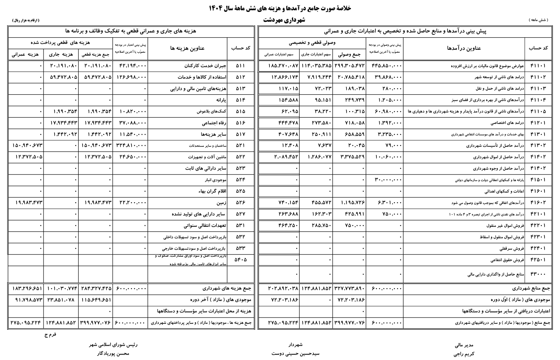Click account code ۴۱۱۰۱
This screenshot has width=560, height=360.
coord(538,66)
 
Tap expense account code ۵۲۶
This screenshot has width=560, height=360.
coord(240,203)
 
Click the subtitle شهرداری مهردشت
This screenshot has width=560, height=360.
coord(284,20)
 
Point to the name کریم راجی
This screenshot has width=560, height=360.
coord(464,354)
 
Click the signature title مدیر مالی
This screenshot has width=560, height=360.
coord(464,345)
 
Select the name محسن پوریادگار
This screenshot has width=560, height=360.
coord(113,353)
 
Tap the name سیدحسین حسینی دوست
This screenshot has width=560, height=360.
coord(295,353)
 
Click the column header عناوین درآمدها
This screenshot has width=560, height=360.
coord(464,48)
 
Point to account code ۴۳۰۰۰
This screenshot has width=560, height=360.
coord(538,274)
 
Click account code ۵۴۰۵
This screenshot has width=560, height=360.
coord(240,260)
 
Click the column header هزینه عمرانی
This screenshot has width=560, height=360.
coord(25,54)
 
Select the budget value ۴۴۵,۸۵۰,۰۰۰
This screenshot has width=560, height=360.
coord(386,66)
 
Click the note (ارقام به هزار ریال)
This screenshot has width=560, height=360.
coord(25,20)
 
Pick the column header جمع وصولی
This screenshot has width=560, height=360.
coord(349,54)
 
